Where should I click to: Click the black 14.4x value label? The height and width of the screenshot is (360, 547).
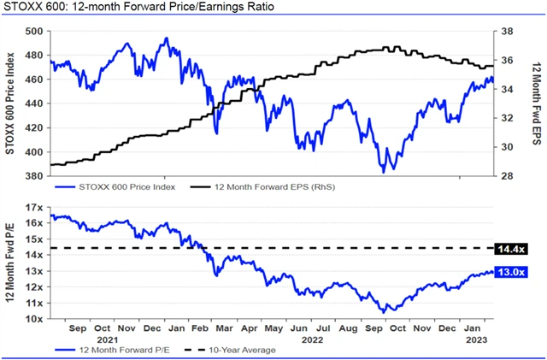pyautogui.click(x=516, y=248)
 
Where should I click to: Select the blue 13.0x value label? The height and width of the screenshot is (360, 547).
pyautogui.click(x=516, y=272)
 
